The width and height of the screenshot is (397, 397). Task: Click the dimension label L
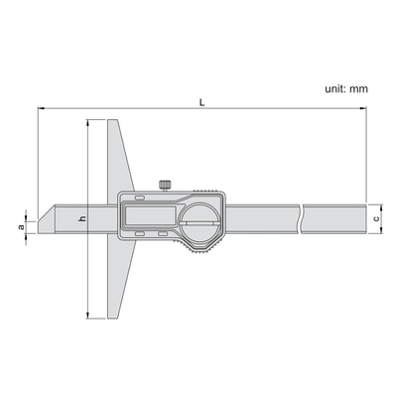tap(202, 102)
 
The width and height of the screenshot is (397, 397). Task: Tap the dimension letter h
tap(82, 218)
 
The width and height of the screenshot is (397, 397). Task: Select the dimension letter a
tap(21, 227)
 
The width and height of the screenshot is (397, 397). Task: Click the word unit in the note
tap(335, 88)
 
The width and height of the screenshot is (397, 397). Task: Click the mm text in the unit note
tap(359, 89)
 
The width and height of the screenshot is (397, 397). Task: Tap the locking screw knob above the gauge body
tap(165, 185)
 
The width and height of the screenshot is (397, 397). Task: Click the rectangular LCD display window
tap(149, 214)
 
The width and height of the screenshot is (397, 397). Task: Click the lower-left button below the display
tap(140, 234)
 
